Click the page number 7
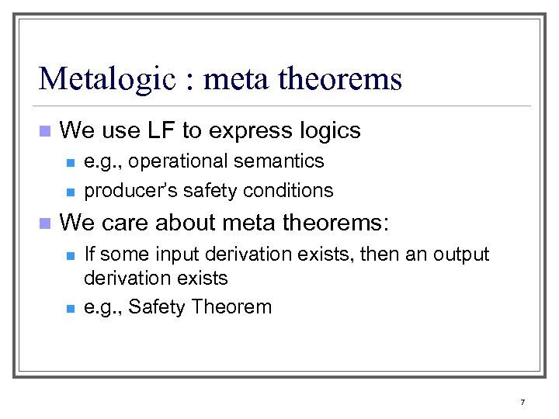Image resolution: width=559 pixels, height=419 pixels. [x=523, y=402]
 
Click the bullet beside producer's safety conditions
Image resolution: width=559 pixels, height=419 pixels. [x=69, y=192]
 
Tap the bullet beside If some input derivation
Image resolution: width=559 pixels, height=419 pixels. [x=69, y=255]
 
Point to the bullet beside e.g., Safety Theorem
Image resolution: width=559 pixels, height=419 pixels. [x=69, y=308]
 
